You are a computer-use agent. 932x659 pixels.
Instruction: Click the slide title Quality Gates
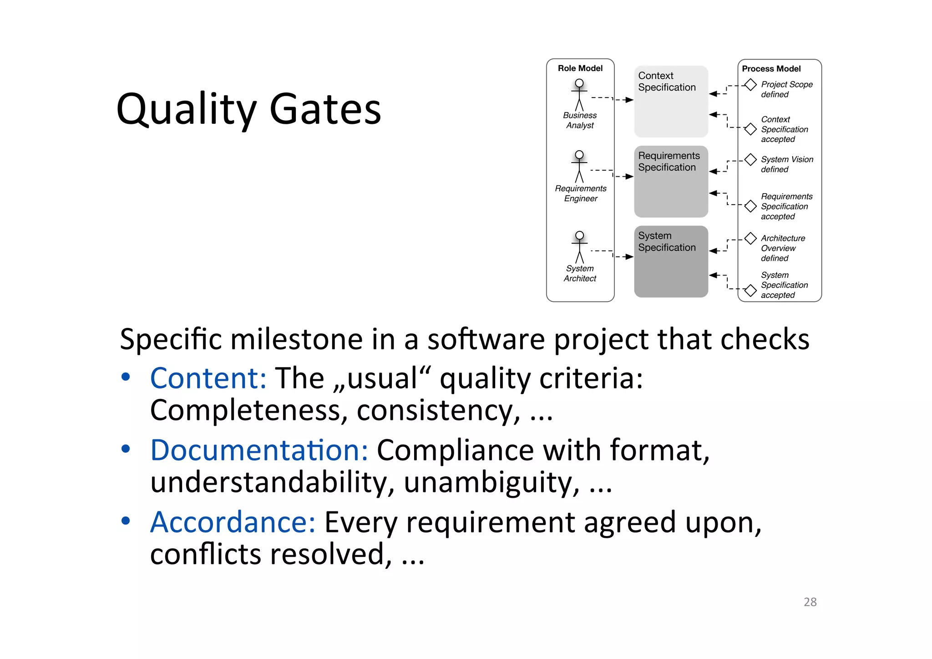pyautogui.click(x=248, y=109)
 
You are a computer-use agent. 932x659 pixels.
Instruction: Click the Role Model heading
pyautogui.click(x=580, y=68)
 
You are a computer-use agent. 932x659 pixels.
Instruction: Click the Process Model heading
pyautogui.click(x=771, y=69)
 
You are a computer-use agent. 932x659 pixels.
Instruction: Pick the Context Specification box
pyautogui.click(x=671, y=102)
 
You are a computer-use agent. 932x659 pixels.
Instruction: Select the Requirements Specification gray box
pyautogui.click(x=671, y=182)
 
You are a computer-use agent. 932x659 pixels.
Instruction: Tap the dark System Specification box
pyautogui.click(x=671, y=262)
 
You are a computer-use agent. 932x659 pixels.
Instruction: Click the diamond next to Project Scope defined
pyautogui.click(x=750, y=85)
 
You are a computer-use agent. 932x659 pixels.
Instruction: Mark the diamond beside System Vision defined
pyautogui.click(x=750, y=160)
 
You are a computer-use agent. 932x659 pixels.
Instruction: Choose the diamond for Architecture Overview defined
pyautogui.click(x=750, y=239)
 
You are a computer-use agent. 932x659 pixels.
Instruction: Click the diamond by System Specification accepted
pyautogui.click(x=750, y=290)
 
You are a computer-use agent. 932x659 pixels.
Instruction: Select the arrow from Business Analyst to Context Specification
pyautogui.click(x=613, y=99)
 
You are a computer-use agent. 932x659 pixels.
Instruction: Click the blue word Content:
pyautogui.click(x=208, y=378)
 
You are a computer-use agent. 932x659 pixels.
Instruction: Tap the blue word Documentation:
pyautogui.click(x=259, y=450)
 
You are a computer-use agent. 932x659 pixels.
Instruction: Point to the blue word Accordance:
pyautogui.click(x=233, y=522)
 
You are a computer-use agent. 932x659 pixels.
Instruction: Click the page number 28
pyautogui.click(x=810, y=602)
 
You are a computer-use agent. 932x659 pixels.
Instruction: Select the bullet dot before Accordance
pyautogui.click(x=126, y=521)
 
